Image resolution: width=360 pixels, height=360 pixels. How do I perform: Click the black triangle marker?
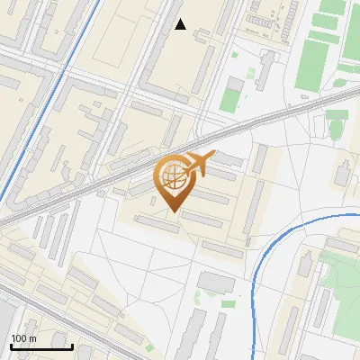tap(181, 24)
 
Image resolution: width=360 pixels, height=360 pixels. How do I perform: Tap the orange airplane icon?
tap(198, 165)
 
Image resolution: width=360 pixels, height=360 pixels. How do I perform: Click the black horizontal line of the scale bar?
tap(40, 346)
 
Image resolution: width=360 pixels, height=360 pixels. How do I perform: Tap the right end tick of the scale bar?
tap(72, 345)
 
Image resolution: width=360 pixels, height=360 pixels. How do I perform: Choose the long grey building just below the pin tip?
tap(157, 224)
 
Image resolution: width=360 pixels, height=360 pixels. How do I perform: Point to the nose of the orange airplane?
tap(213, 156)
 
